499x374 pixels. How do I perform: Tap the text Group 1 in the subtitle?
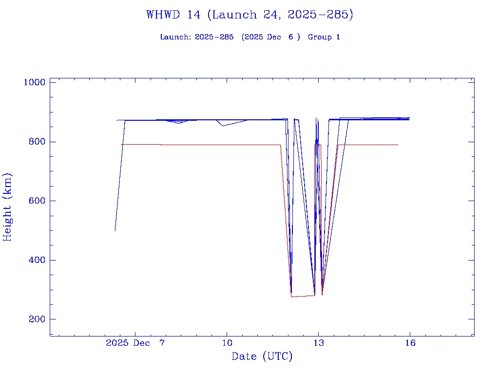pos(324,37)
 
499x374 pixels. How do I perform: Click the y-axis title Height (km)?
pos(7,207)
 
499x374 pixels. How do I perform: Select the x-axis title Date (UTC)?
pos(262,356)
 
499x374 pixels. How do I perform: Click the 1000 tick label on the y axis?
pos(35,82)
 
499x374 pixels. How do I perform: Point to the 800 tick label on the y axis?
pos(37,142)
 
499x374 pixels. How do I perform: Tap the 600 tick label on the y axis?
pos(37,201)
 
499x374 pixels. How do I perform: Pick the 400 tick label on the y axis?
pos(37,260)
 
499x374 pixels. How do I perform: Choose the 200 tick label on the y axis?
pos(37,319)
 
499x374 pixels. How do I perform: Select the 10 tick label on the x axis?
pos(227,343)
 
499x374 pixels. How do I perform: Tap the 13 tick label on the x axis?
pos(318,343)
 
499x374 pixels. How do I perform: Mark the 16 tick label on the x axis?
pos(410,343)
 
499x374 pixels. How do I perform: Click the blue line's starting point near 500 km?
pos(115,230)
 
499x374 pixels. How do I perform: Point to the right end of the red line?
pos(398,145)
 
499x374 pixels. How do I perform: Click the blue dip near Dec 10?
pos(223,126)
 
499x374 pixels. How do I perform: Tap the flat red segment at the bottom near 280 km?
pos(302,296)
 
